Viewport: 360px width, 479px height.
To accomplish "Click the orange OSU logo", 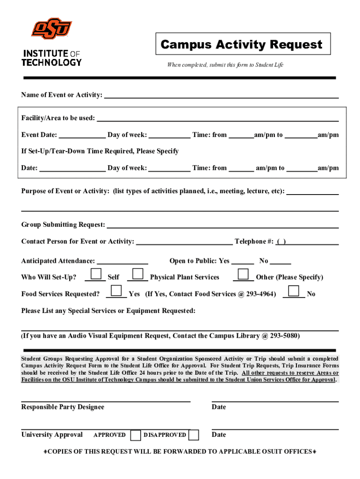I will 51,29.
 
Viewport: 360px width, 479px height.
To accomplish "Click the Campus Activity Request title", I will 241,44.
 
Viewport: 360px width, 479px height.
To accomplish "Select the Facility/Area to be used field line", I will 217,118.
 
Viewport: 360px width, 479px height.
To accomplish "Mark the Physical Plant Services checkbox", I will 138,274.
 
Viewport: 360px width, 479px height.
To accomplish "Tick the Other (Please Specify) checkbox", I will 243,274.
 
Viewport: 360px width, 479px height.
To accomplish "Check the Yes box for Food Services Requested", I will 117,290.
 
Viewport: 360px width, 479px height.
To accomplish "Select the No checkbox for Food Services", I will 294,290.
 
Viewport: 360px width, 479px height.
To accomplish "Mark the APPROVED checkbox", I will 136,435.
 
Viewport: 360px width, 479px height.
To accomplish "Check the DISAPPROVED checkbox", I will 194,435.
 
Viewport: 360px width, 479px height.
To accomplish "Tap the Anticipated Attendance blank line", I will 122,261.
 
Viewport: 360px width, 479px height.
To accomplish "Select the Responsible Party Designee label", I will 63,407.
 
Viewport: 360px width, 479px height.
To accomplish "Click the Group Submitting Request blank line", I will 223,225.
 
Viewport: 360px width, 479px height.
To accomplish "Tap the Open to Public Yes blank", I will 243,261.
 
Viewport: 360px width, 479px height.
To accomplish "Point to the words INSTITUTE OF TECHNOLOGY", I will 51,58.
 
